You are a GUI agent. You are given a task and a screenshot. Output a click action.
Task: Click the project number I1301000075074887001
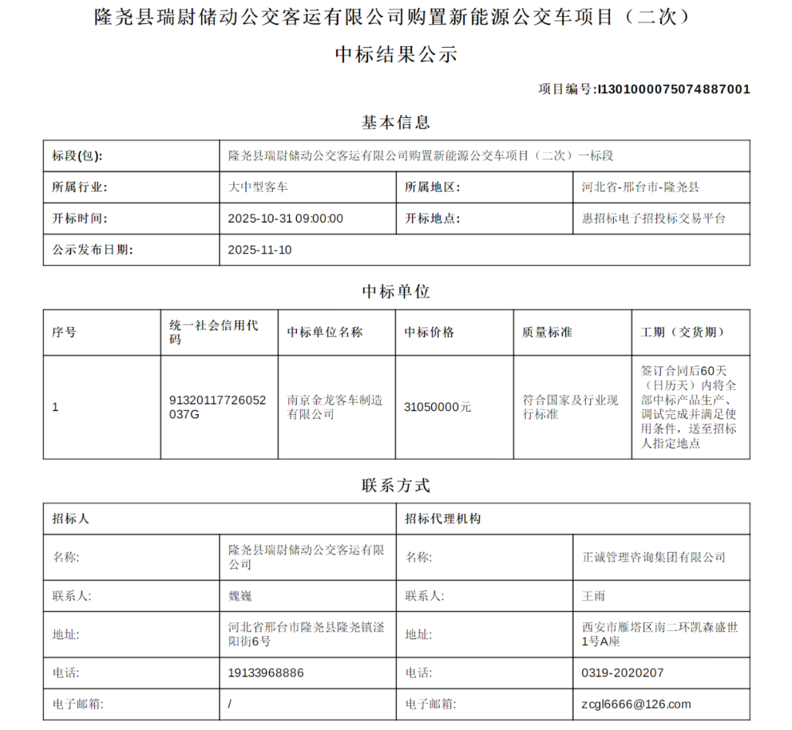click(674, 89)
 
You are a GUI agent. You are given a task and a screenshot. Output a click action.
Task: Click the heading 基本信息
click(396, 122)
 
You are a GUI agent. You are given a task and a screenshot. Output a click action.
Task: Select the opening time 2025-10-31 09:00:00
click(285, 218)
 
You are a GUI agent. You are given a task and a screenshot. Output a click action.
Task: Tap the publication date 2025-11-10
click(260, 250)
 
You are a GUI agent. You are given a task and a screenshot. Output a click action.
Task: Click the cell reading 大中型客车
click(258, 187)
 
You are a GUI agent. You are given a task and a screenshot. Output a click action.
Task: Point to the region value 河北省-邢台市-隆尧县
click(640, 187)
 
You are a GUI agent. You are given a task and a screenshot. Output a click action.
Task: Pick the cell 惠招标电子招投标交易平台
click(653, 218)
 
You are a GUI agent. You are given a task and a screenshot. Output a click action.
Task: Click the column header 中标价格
click(430, 332)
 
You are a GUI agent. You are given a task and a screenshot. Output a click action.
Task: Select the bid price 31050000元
click(438, 407)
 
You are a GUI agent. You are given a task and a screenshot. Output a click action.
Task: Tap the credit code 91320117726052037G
click(217, 407)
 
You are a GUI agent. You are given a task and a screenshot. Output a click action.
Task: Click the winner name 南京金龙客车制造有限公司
click(334, 407)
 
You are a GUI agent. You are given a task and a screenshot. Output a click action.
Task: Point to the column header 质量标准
click(547, 332)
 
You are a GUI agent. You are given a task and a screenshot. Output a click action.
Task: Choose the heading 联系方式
click(396, 485)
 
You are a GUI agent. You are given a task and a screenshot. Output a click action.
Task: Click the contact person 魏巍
click(240, 596)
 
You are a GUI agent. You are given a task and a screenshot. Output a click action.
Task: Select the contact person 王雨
click(593, 596)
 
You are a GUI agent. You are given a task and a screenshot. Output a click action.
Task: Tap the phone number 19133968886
click(265, 672)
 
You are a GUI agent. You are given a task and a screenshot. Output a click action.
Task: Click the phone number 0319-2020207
click(623, 672)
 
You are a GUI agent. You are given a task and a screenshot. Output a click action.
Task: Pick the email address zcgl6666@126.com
click(636, 704)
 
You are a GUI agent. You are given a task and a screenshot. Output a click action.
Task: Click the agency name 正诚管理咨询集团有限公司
click(653, 557)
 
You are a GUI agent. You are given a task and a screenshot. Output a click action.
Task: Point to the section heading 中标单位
click(396, 292)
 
